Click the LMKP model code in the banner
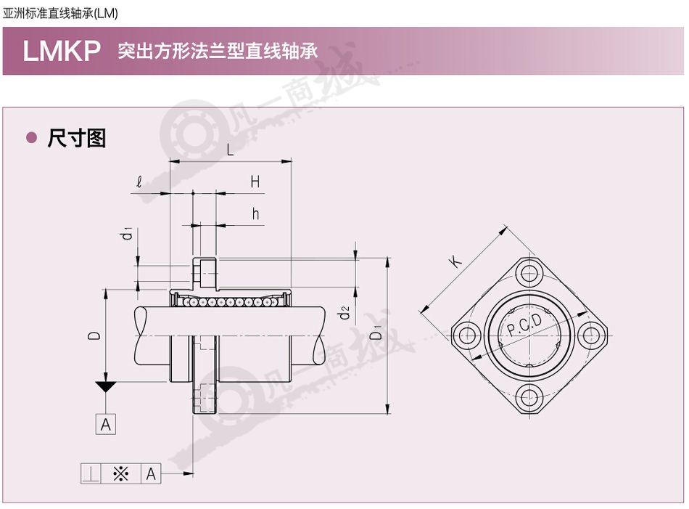tap(62, 51)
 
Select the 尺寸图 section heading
tap(77, 138)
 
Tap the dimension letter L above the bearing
tap(230, 150)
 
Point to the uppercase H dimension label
tap(255, 182)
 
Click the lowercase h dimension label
tap(256, 213)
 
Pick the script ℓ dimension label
tap(139, 182)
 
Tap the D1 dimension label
tap(376, 333)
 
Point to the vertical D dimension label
tap(94, 335)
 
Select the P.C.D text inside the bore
tap(524, 325)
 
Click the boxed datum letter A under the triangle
tap(106, 425)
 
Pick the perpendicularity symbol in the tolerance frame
tap(91, 474)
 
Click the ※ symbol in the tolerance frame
tap(121, 474)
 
